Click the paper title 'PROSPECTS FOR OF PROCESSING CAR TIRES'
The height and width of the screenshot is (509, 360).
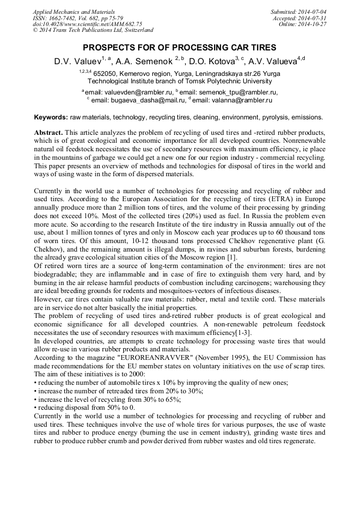(179, 47)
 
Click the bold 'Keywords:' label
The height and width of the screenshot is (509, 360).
(50, 117)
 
